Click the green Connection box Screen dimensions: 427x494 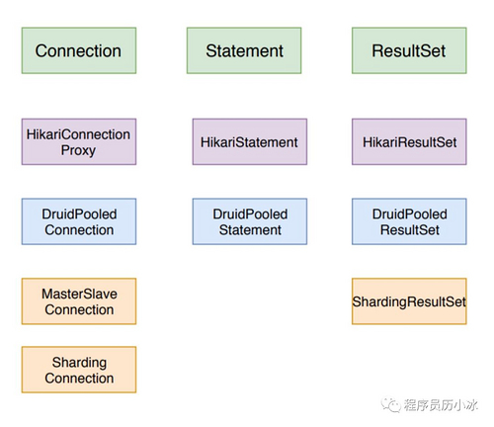78,50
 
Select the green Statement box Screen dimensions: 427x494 244,50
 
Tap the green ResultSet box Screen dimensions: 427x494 409,50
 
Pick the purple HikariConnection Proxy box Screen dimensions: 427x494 78,141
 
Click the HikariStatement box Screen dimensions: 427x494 249,142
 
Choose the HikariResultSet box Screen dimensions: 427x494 409,142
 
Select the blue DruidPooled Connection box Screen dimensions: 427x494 78,221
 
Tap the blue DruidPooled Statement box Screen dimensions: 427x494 249,221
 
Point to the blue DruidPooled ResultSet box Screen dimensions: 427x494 409,221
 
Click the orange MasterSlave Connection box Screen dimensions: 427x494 78,301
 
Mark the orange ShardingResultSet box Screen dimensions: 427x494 409,301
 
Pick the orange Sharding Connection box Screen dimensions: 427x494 78,370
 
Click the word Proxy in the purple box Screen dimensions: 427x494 79,150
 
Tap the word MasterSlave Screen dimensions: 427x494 79,294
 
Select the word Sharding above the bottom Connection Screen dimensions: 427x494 79,362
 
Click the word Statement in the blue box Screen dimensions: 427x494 250,230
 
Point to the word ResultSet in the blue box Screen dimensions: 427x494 409,230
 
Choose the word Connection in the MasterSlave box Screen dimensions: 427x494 79,310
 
